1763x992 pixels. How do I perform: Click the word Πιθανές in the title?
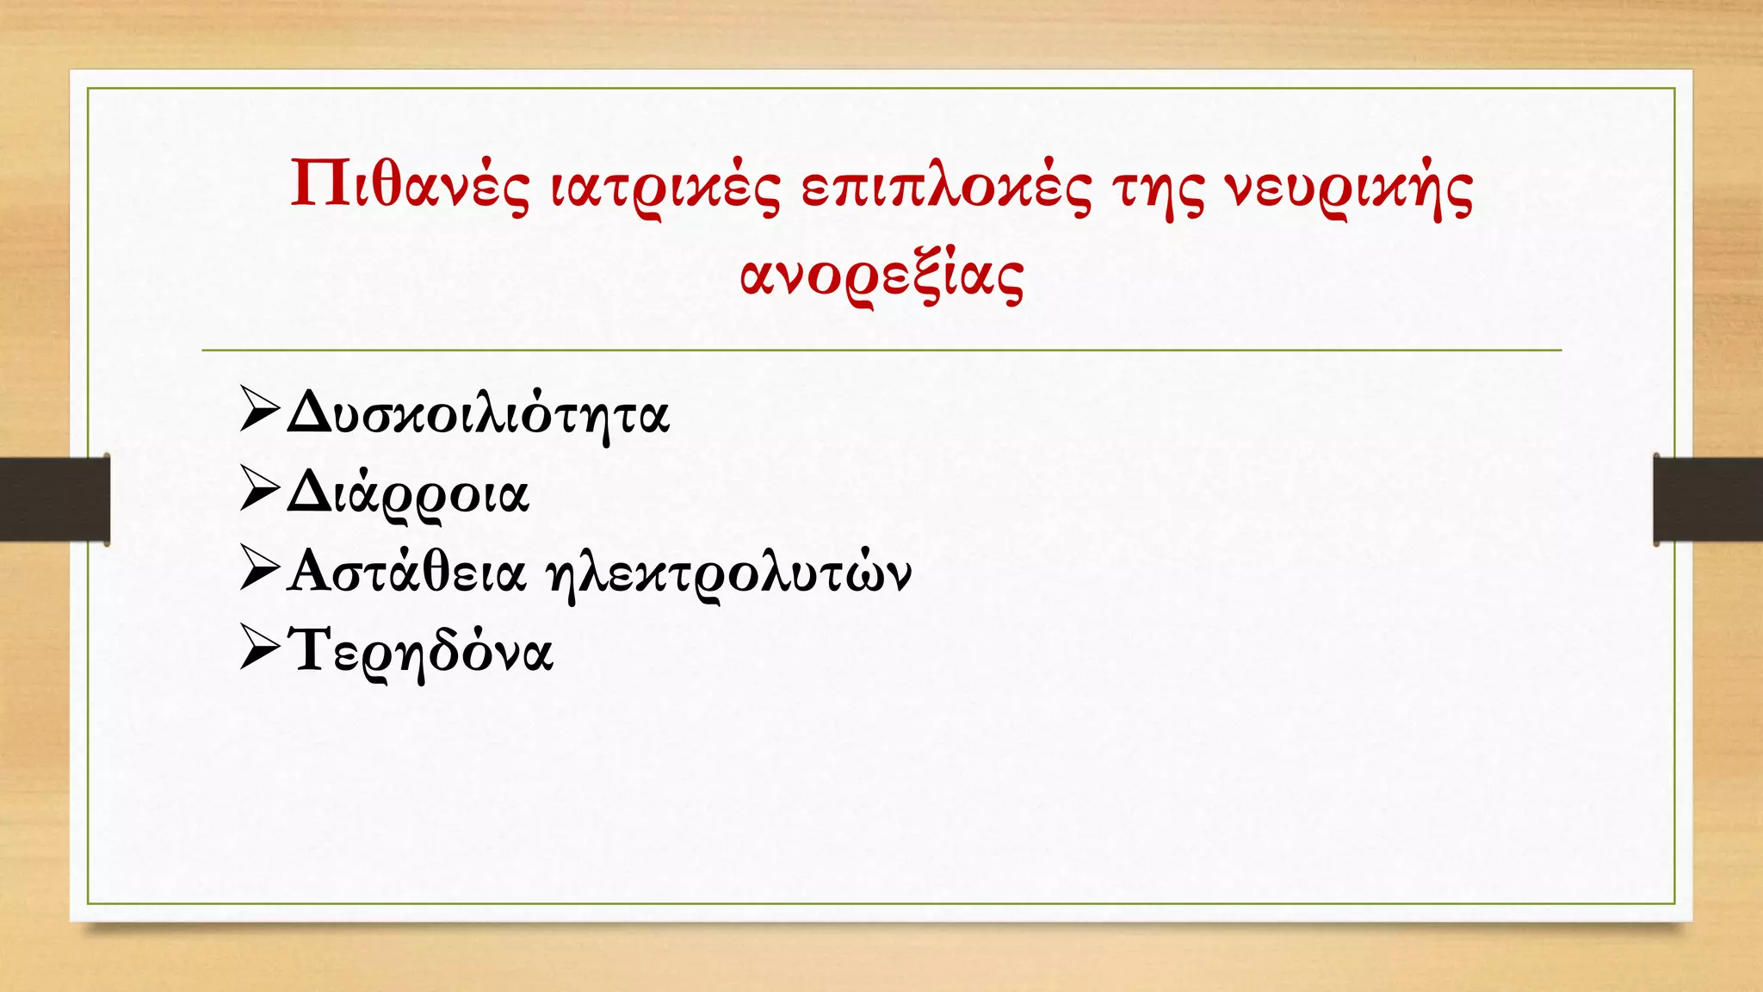[410, 185]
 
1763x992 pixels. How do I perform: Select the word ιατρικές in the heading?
[665, 187]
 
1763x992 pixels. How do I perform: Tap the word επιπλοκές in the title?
[946, 187]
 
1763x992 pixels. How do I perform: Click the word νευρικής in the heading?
[1349, 187]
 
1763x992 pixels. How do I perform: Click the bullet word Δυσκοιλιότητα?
[478, 414]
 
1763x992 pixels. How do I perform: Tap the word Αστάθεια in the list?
[406, 572]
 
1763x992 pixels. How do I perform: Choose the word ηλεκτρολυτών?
[728, 574]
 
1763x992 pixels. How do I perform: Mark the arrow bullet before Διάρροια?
[260, 488]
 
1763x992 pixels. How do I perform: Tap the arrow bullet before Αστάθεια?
[260, 567]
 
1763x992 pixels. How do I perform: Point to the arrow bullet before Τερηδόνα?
[260, 647]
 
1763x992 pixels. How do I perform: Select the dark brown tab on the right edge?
[1708, 499]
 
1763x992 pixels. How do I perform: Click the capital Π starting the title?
[321, 183]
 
